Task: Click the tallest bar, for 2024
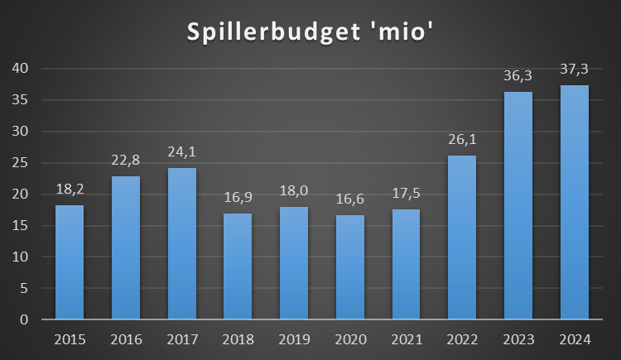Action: click(575, 203)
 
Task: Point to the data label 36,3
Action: click(518, 75)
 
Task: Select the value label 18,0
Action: click(294, 190)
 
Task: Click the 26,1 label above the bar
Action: click(462, 139)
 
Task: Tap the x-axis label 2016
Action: click(126, 340)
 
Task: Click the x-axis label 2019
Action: click(294, 340)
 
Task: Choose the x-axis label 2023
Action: click(518, 340)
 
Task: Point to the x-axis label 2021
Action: click(406, 340)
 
